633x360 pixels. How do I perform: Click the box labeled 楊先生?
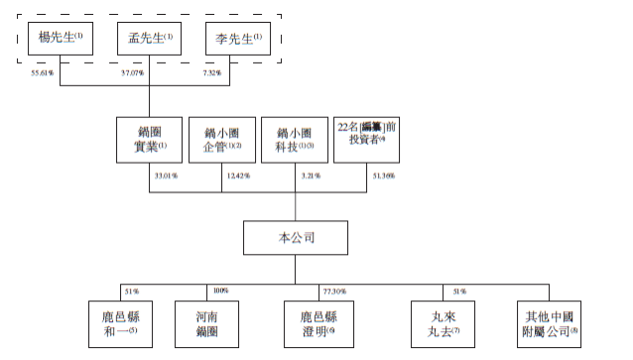tap(61, 41)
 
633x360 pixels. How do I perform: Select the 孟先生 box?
tap(150, 41)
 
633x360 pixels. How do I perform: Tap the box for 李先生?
tap(239, 41)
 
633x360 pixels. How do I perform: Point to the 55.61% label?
tap(45, 72)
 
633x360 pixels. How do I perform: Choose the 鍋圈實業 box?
tap(149, 139)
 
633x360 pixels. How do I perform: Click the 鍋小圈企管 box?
tap(221, 139)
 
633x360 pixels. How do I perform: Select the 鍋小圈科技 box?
tap(294, 139)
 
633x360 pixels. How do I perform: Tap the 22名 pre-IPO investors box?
tap(366, 139)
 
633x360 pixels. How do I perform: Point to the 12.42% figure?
tap(238, 176)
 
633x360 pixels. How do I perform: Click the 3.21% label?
tap(310, 176)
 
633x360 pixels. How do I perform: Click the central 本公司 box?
tap(295, 238)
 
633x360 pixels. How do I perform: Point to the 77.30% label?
tap(333, 291)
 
